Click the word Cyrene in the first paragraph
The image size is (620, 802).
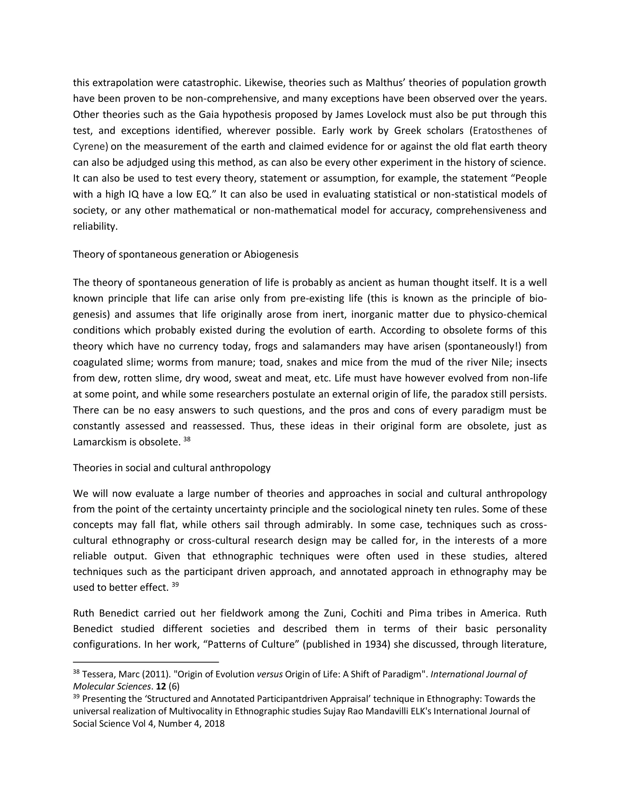[90, 146]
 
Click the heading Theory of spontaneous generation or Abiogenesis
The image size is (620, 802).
[186, 254]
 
